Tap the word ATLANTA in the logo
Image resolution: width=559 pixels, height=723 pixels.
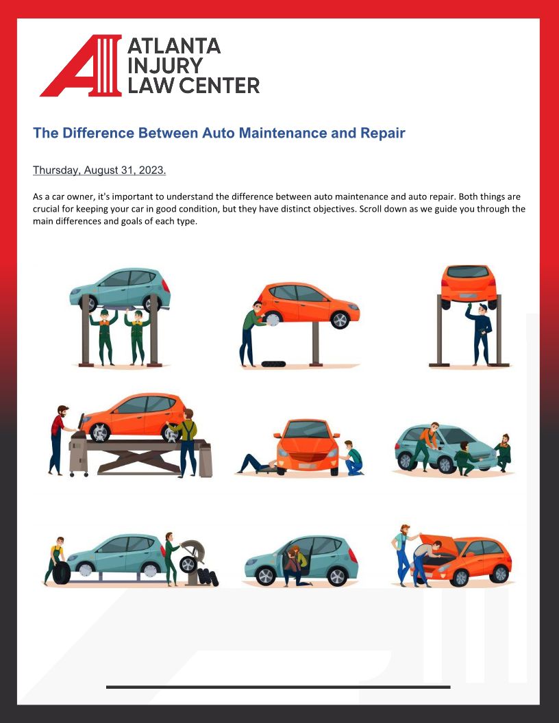click(x=174, y=46)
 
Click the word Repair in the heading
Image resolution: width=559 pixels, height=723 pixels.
click(x=382, y=134)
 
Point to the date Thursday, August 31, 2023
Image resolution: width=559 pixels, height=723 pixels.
click(x=99, y=170)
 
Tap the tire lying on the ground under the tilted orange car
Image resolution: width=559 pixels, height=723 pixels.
click(x=273, y=364)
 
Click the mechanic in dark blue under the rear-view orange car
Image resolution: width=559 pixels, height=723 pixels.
click(x=480, y=334)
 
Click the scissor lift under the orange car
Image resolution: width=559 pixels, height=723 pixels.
click(x=138, y=457)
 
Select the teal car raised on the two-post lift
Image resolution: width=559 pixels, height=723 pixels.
click(x=120, y=289)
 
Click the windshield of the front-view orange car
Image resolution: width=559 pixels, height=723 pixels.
click(x=307, y=430)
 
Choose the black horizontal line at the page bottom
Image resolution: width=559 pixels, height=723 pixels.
click(x=278, y=687)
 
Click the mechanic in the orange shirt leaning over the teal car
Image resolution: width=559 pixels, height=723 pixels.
click(x=425, y=446)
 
